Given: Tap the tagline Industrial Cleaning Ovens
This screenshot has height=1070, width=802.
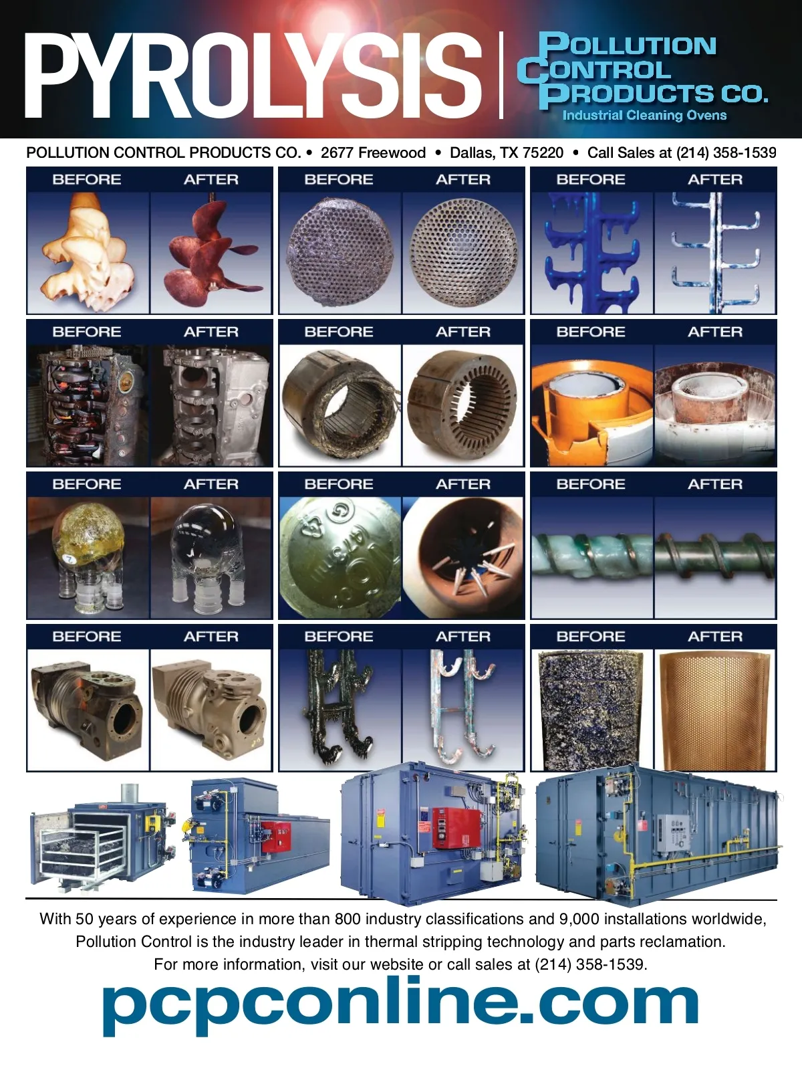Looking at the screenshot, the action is pos(644,116).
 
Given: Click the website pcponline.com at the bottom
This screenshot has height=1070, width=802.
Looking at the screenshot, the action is pos(400,1005).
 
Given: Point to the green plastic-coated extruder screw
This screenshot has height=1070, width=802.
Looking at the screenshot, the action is pos(591,556).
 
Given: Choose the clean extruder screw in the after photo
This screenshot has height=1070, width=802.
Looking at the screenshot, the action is pos(714,555).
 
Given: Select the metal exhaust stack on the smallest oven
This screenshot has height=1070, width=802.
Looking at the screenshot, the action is pos(130,792).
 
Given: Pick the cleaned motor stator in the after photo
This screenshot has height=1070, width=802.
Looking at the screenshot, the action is pos(462,405).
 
